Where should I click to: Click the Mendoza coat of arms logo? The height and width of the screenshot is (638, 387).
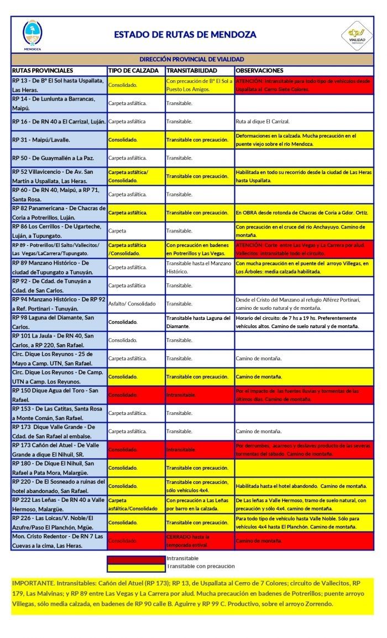point(32,34)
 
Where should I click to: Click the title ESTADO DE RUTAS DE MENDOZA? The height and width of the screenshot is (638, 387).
point(185,34)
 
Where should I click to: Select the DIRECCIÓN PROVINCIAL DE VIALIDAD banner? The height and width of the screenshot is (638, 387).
point(192,59)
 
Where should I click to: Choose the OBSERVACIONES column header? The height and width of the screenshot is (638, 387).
point(259,71)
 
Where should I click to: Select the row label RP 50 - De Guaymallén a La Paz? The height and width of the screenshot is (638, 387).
point(53,158)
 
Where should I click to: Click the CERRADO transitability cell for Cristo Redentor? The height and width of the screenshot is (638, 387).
point(189,540)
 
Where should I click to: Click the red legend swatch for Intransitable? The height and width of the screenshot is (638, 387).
point(136,559)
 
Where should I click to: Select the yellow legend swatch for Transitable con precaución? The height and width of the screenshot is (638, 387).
point(136,567)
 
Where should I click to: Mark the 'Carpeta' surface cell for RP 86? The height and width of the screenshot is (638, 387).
point(118,231)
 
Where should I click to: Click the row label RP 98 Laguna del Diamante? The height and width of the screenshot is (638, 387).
point(53,321)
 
